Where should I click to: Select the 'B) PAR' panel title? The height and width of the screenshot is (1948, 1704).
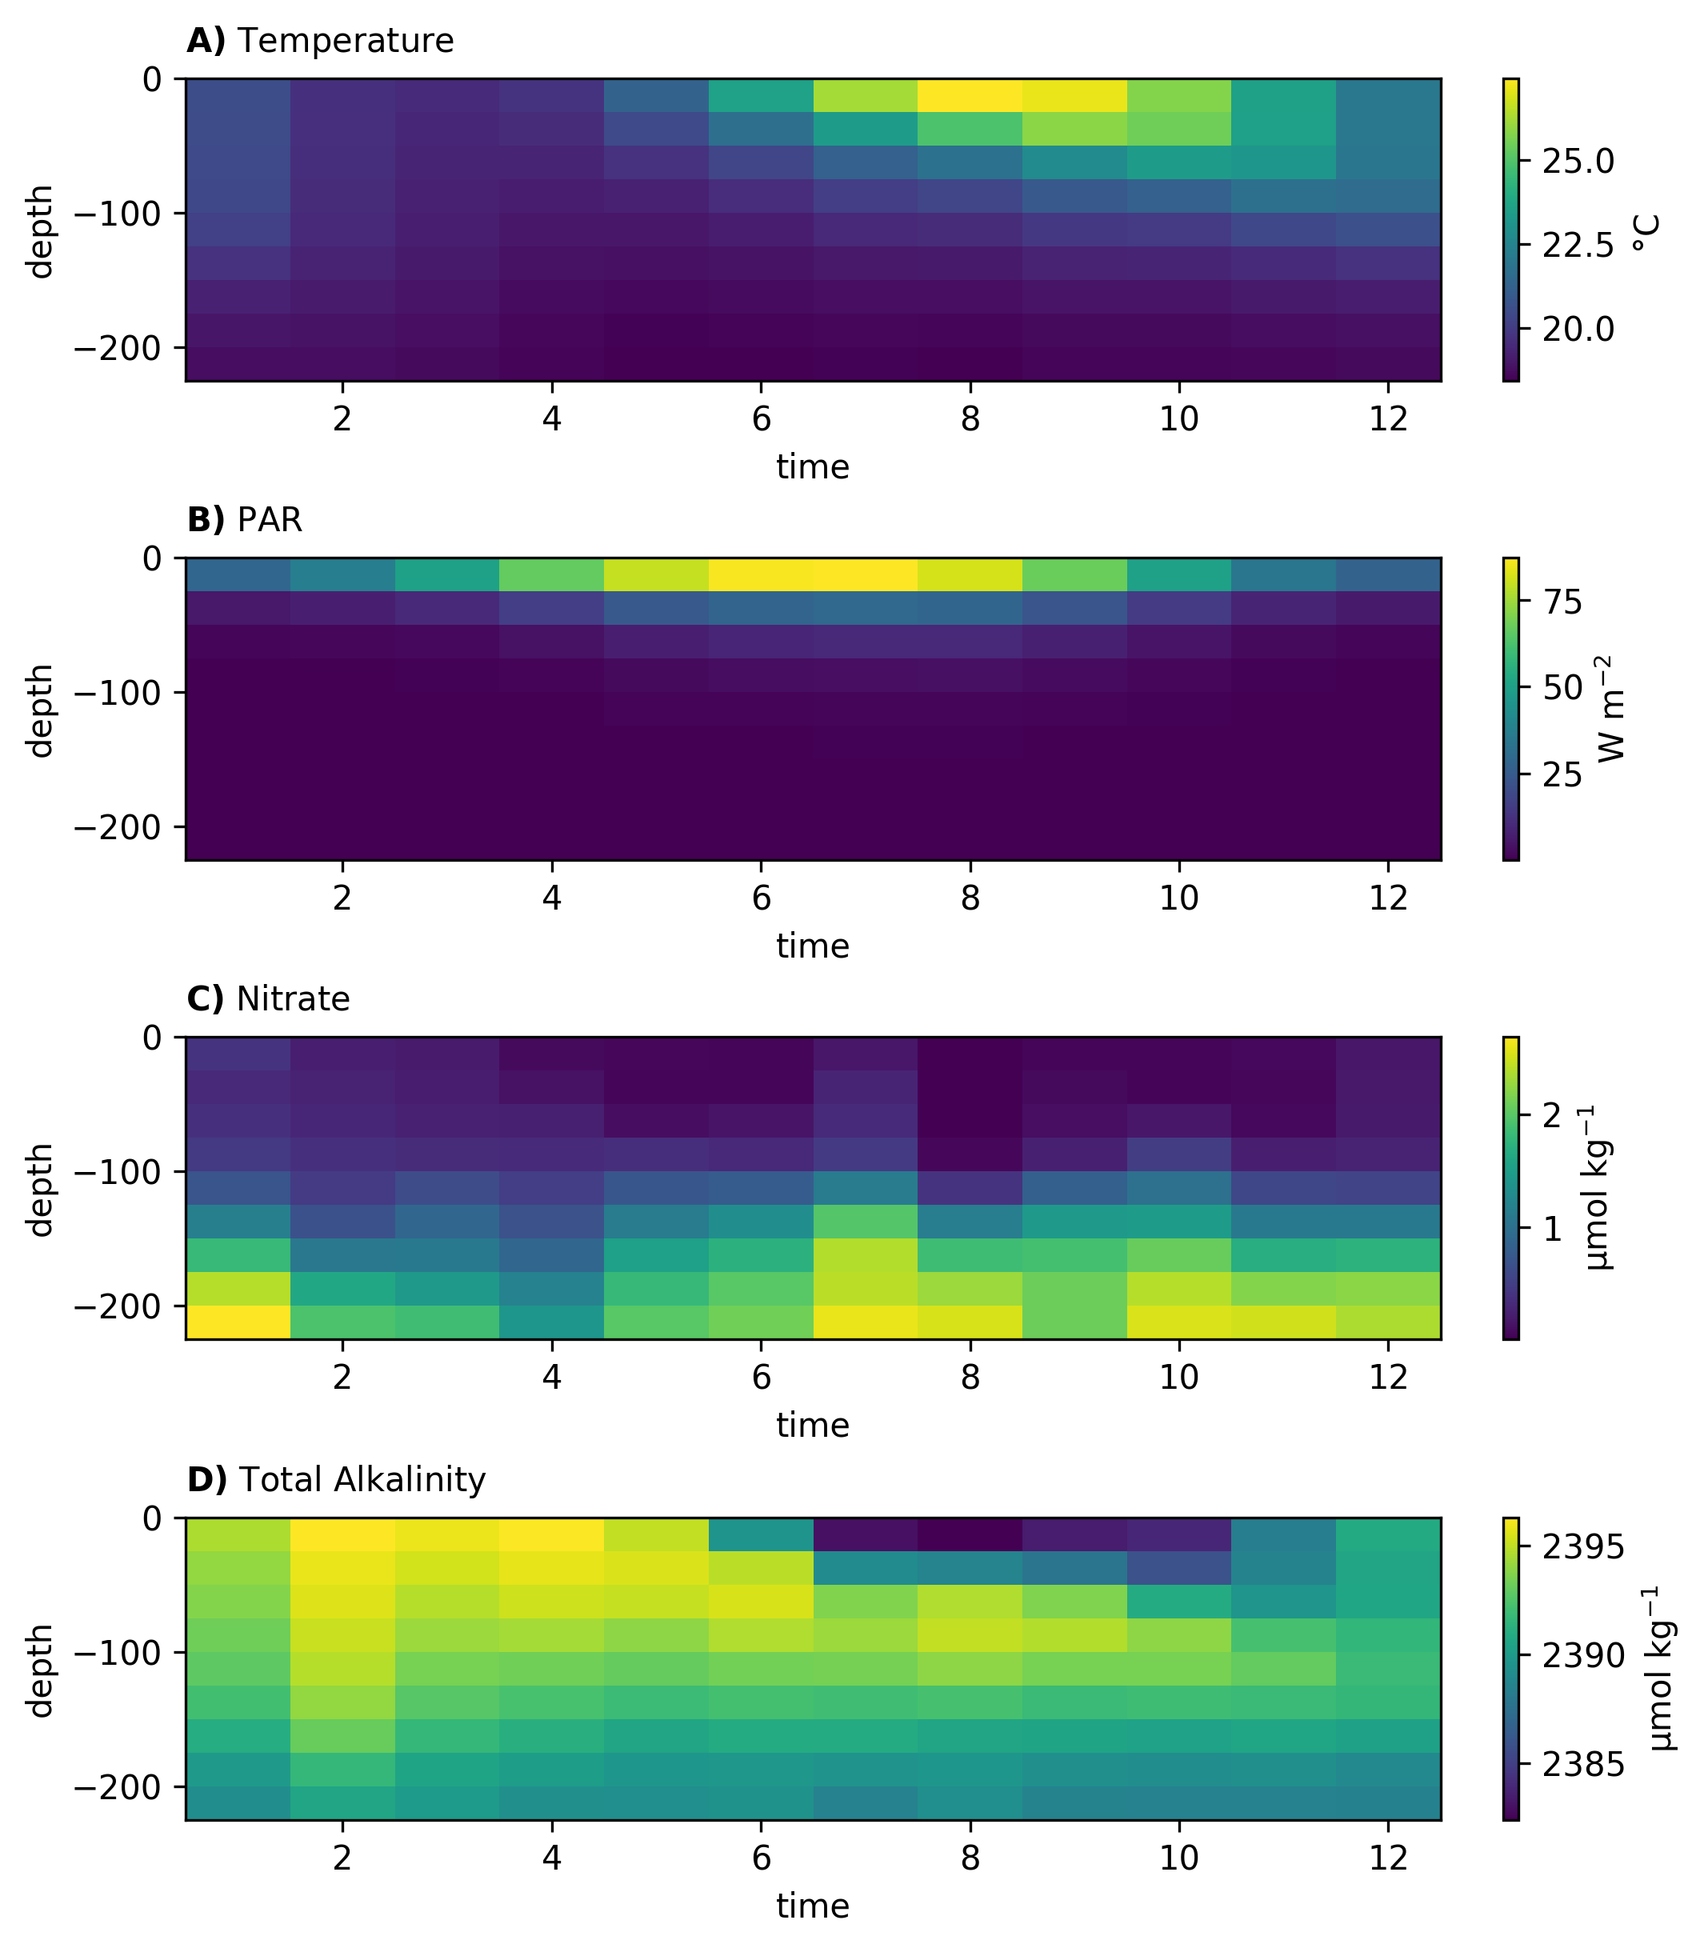pos(244,520)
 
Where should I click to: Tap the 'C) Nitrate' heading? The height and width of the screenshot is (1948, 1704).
pos(268,999)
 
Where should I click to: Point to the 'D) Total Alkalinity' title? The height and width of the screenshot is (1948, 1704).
pos(336,1480)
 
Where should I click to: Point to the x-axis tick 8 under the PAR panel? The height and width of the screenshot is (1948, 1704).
pos(970,898)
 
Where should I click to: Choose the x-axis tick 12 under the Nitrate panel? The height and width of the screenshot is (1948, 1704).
pos(1388,1378)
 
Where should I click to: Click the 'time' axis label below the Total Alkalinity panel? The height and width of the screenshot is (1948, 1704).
pos(813,1906)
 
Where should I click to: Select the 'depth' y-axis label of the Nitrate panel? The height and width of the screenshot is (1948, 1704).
pos(41,1190)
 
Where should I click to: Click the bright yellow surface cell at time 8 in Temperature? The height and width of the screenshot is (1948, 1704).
pos(970,95)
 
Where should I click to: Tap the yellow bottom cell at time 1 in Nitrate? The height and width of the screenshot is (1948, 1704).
pos(238,1322)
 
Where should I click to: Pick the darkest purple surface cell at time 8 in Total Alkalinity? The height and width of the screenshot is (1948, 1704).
pos(970,1534)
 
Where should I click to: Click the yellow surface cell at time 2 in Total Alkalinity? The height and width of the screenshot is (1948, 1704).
pos(342,1534)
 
